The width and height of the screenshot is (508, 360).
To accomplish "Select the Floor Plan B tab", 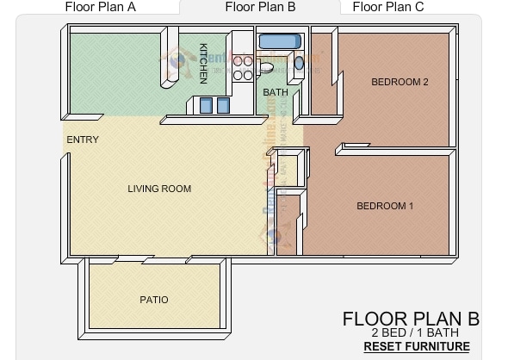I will coord(260,8).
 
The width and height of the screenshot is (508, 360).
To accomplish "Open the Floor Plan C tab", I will coord(388,8).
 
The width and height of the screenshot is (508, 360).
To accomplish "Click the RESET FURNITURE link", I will coord(417,346).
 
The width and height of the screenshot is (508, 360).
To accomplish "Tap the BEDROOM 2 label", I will coord(400,83).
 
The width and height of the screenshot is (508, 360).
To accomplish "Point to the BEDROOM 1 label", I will coord(385,206).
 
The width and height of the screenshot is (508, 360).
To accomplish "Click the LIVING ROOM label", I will coord(159,189).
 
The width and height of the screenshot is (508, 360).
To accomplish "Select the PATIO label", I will coord(154,300).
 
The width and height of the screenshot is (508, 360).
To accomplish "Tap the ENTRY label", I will coord(83,140).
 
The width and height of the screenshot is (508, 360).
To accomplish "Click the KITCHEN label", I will coord(203,63).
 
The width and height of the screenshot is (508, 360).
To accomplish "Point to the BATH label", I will coord(276,92).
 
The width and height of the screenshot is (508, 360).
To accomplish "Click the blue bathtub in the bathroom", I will coord(278,41).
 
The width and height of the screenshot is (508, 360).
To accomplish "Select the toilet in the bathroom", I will coord(267,66).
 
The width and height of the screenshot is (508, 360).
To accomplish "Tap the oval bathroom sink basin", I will coord(299,62).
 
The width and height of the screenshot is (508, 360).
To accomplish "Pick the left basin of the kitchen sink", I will coord(206,105).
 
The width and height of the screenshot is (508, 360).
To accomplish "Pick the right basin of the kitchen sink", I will coord(223,105).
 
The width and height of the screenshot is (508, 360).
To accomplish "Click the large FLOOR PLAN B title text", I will coord(411,319).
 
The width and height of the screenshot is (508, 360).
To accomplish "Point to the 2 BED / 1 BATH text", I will coord(414,332).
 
